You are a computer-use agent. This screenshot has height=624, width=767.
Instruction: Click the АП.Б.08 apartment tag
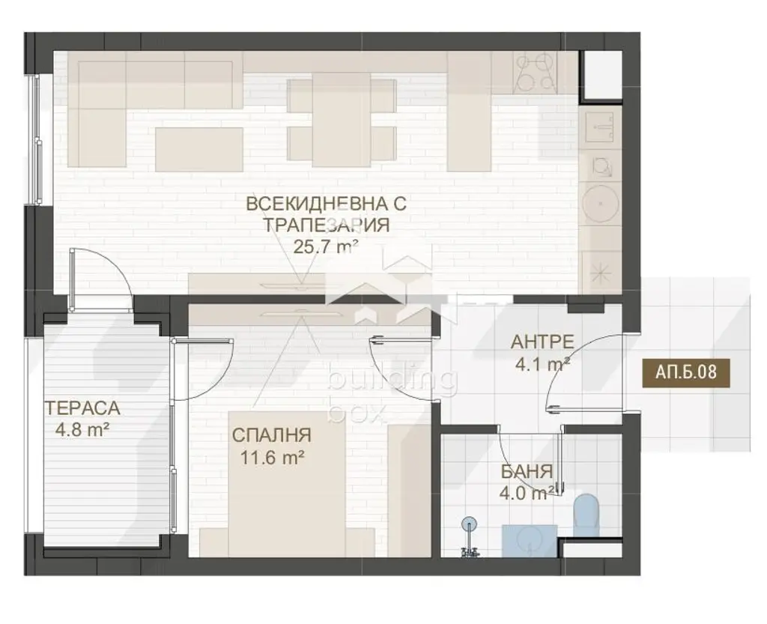click(687, 372)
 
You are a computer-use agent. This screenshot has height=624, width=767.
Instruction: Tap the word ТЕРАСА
click(82, 408)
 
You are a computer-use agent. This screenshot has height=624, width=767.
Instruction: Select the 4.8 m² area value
click(82, 430)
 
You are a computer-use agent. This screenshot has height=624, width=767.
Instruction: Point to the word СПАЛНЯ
click(271, 435)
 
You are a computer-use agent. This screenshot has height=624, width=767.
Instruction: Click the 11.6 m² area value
click(273, 458)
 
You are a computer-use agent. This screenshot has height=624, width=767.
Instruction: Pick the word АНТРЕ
click(542, 342)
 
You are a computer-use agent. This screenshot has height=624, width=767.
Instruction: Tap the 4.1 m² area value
click(542, 364)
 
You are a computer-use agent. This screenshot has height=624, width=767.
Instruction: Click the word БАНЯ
click(527, 472)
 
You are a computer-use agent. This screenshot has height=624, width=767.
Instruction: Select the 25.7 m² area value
click(327, 246)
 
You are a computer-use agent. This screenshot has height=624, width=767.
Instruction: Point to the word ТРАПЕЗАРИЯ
click(327, 225)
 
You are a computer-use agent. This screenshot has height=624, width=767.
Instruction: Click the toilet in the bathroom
click(586, 515)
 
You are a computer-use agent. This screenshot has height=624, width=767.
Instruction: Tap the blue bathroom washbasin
click(530, 540)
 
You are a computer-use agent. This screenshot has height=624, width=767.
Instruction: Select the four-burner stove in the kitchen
click(535, 73)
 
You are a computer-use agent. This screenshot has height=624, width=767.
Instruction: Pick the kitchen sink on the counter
click(599, 127)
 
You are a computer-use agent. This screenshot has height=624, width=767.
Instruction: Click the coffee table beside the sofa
click(199, 149)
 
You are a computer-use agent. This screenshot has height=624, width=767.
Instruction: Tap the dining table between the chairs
click(342, 120)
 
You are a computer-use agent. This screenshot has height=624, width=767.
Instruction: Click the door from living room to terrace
click(101, 279)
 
